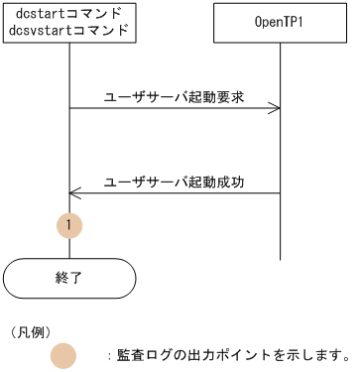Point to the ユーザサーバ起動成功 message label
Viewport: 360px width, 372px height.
[174, 182]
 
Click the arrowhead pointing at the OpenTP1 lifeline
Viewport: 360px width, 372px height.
[275, 109]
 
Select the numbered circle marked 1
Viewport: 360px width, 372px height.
[68, 226]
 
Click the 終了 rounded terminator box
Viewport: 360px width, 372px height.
[68, 278]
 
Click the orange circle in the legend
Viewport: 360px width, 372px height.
[63, 354]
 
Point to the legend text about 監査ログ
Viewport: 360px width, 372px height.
[228, 354]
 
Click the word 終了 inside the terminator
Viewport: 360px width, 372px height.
[68, 278]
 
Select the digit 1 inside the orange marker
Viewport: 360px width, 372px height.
[68, 226]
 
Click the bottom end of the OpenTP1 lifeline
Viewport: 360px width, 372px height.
[280, 257]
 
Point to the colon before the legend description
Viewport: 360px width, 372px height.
[109, 354]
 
